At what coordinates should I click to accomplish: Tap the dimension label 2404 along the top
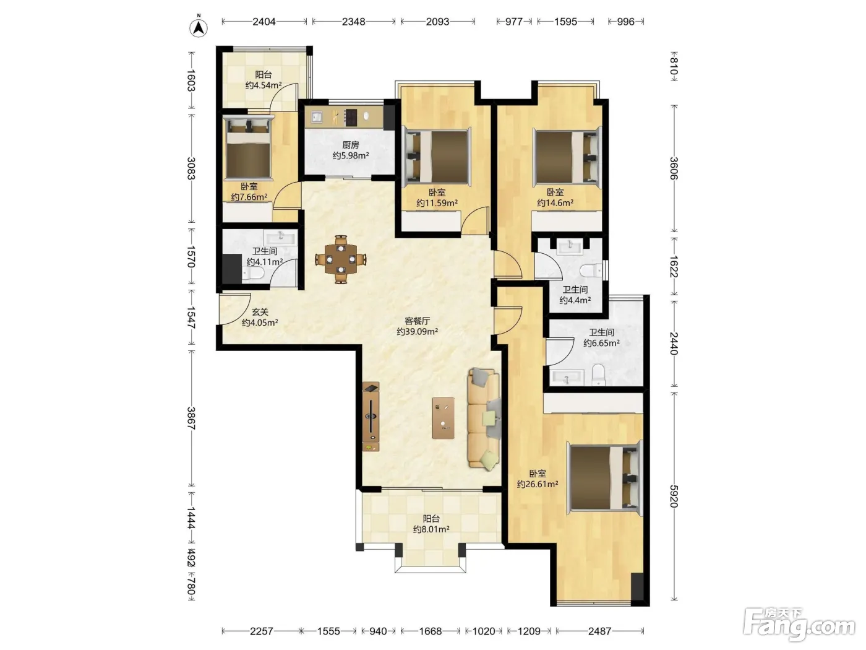(264, 22)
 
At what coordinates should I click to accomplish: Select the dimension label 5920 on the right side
(674, 496)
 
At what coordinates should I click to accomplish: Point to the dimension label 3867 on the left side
(191, 418)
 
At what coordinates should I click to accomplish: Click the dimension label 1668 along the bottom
(430, 631)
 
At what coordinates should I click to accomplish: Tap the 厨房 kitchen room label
(350, 145)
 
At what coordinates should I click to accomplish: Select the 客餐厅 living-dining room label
(417, 321)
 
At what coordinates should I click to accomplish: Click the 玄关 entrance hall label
(260, 312)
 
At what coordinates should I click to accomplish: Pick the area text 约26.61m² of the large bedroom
(538, 484)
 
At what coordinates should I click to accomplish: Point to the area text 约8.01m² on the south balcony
(431, 529)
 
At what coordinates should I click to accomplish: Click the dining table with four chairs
(341, 259)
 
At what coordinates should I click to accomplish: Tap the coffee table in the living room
(443, 417)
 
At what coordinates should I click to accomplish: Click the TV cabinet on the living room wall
(371, 417)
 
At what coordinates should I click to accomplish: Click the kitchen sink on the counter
(317, 117)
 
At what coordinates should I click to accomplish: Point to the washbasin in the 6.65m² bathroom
(567, 377)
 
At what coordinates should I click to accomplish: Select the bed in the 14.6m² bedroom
(567, 156)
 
